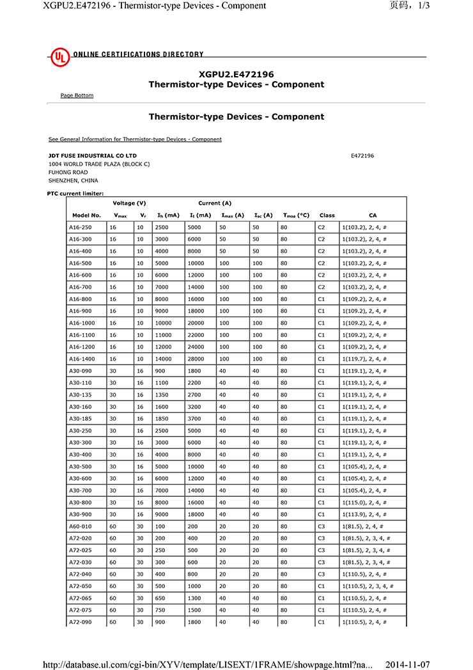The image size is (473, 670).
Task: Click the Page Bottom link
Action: (77, 95)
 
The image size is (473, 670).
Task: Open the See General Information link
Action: (135, 139)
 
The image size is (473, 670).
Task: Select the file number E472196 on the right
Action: (362, 155)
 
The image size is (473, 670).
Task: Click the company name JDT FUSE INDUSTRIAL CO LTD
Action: (92, 155)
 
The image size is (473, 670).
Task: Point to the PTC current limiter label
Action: (75, 193)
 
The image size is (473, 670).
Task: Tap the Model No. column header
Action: (86, 215)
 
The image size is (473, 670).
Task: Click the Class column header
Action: (327, 215)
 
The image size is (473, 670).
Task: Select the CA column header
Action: (373, 215)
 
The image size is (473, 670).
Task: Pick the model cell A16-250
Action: (80, 228)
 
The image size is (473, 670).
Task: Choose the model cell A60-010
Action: (80, 526)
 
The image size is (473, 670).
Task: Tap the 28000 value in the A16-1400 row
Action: (196, 359)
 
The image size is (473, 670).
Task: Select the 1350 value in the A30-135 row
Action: (162, 395)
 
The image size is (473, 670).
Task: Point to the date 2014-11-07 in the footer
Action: (408, 665)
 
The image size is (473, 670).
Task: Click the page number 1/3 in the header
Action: (423, 6)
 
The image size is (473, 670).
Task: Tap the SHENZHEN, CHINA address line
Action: (73, 180)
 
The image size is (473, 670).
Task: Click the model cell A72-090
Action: (80, 622)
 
